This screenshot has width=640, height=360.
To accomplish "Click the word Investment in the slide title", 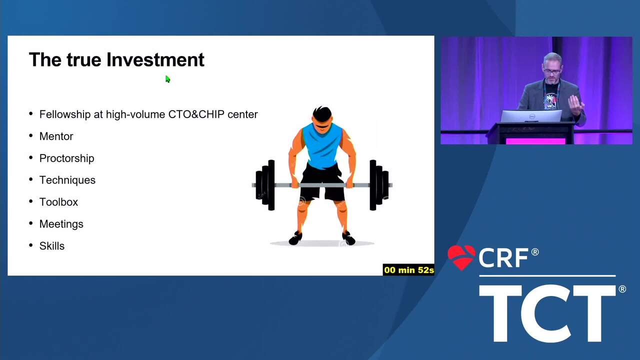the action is pyautogui.click(x=155, y=59).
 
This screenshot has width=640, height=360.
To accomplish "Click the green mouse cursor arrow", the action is pyautogui.click(x=167, y=79).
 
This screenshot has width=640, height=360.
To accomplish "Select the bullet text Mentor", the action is pyautogui.click(x=56, y=136).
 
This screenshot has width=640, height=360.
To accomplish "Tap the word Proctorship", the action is pyautogui.click(x=67, y=158).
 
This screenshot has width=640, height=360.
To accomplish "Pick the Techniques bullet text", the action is pyautogui.click(x=67, y=180).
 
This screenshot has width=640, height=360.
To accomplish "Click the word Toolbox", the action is pyautogui.click(x=58, y=202).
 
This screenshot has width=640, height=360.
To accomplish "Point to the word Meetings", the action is pyautogui.click(x=61, y=224).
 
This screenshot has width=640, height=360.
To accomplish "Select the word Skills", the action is pyautogui.click(x=52, y=246).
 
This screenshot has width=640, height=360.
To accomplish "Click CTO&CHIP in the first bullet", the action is pyautogui.click(x=196, y=114).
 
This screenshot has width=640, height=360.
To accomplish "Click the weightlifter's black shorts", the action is pyautogui.click(x=322, y=183).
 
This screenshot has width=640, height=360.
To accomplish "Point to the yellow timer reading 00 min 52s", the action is pyautogui.click(x=408, y=270).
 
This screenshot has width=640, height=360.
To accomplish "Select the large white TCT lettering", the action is pyautogui.click(x=547, y=313).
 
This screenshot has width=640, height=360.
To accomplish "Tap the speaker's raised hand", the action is pyautogui.click(x=575, y=105).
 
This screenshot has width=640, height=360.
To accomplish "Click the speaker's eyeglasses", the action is pyautogui.click(x=552, y=71).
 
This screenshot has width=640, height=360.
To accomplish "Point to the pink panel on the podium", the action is pyautogui.click(x=535, y=141).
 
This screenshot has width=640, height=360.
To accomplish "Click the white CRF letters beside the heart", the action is pyautogui.click(x=504, y=258).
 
